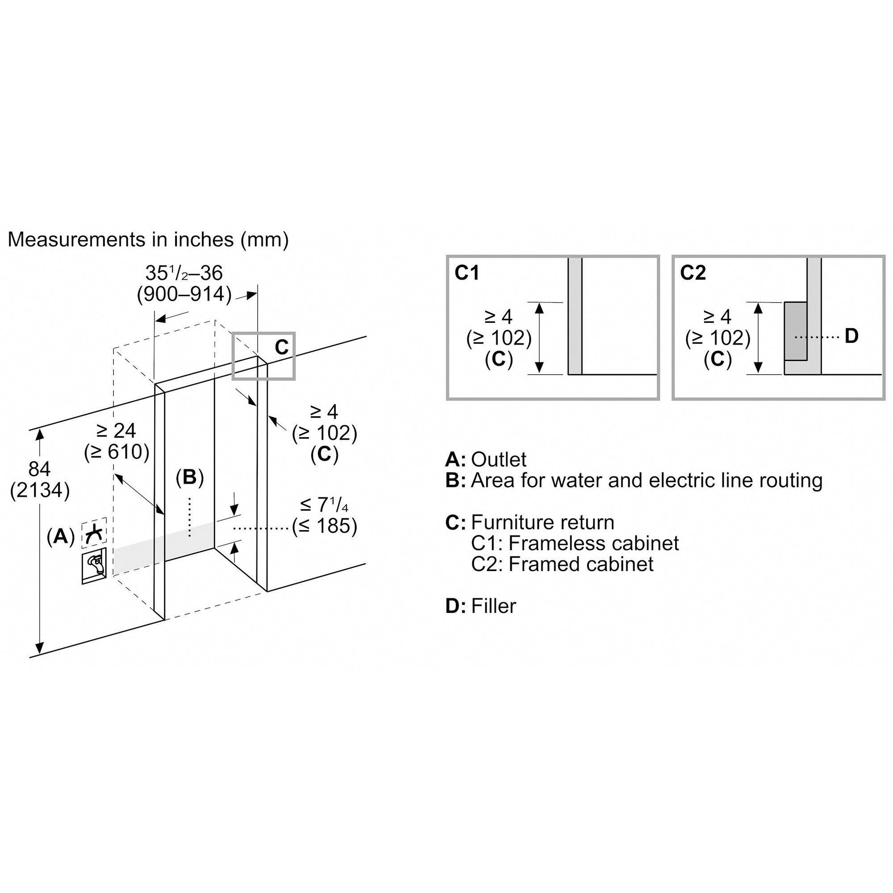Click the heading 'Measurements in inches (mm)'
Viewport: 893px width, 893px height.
point(148,239)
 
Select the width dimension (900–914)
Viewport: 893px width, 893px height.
point(184,294)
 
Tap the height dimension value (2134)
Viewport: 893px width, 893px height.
point(40,490)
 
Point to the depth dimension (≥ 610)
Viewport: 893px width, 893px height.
point(117,451)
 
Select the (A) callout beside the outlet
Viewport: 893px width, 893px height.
point(61,536)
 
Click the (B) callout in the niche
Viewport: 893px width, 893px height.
point(189,477)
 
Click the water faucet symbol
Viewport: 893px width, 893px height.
point(94,566)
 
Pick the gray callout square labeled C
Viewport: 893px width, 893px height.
point(263,356)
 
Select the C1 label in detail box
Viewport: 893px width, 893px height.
point(467,273)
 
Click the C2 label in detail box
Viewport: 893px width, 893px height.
point(693,273)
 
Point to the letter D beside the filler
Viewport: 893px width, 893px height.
point(851,336)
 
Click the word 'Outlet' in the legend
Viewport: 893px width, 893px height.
point(498,459)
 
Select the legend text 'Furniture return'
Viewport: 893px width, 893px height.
point(542,522)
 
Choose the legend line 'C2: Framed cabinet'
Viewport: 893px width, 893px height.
point(562,564)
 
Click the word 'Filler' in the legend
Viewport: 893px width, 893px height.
point(493,606)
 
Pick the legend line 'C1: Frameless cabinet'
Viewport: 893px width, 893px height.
point(575,543)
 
